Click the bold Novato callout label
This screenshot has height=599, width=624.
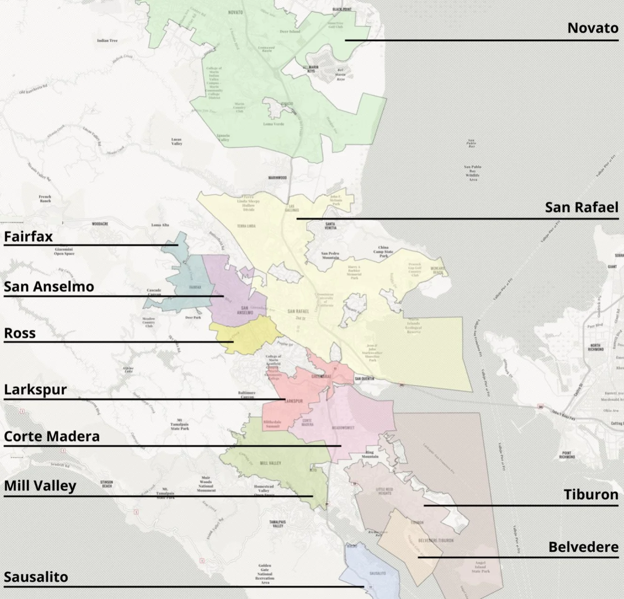(x=592, y=28)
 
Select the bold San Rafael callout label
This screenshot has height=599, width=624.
(x=581, y=207)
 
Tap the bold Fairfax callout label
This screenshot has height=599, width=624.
(x=28, y=236)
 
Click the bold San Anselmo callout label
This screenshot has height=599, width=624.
(x=49, y=287)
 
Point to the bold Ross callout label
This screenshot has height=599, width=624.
(x=20, y=333)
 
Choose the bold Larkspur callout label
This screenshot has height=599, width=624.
(x=35, y=390)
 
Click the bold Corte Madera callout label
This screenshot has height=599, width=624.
(x=52, y=437)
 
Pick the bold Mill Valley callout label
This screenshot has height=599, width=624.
(x=40, y=486)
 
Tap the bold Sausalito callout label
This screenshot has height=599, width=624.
(x=36, y=577)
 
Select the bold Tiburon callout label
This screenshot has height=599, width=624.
(x=591, y=495)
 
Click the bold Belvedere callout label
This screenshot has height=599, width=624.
(x=583, y=547)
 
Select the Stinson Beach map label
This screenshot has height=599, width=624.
(x=107, y=484)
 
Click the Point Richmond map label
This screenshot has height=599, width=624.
(x=567, y=455)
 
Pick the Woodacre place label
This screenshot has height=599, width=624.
(x=100, y=224)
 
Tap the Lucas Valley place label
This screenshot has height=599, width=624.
(x=176, y=142)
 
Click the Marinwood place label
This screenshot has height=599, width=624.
(x=277, y=178)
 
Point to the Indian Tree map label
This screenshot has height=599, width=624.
(x=107, y=41)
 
